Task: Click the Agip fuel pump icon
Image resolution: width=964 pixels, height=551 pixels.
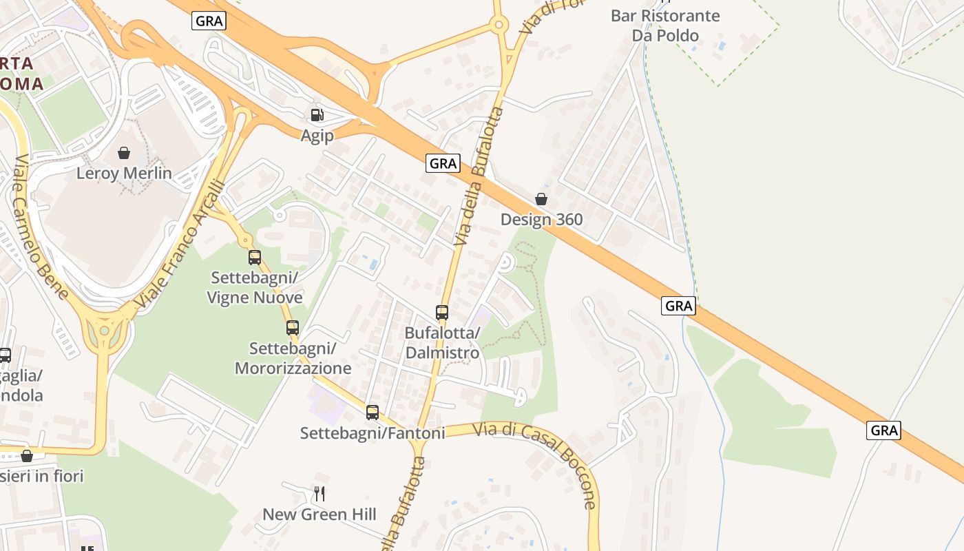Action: click(317, 115)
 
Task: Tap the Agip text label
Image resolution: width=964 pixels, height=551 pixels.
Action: click(317, 136)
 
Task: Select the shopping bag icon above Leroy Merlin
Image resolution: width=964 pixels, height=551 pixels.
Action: click(124, 152)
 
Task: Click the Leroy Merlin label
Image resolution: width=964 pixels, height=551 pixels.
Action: click(124, 173)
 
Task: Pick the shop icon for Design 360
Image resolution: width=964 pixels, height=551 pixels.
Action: click(541, 199)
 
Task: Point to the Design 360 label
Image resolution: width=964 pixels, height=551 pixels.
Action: click(541, 220)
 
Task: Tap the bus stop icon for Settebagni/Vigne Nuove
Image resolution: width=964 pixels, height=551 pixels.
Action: click(255, 258)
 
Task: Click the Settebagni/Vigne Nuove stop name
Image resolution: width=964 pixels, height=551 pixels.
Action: click(256, 288)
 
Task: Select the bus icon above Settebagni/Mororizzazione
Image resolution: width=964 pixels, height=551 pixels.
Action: click(293, 328)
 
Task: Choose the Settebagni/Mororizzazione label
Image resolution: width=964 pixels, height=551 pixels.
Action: click(293, 358)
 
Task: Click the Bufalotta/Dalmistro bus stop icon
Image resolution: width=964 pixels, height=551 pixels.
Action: click(442, 313)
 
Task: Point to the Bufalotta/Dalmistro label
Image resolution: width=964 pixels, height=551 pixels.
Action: click(442, 343)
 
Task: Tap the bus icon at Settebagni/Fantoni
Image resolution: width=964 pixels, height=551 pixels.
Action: click(373, 413)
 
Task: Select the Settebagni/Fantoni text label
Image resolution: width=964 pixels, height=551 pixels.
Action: click(373, 433)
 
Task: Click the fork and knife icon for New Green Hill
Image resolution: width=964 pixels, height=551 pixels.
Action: click(319, 494)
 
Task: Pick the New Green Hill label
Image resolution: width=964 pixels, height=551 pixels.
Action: click(319, 514)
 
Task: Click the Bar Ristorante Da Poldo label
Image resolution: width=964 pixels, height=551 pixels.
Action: click(665, 25)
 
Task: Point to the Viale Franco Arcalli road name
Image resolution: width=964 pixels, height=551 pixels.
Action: click(180, 244)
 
